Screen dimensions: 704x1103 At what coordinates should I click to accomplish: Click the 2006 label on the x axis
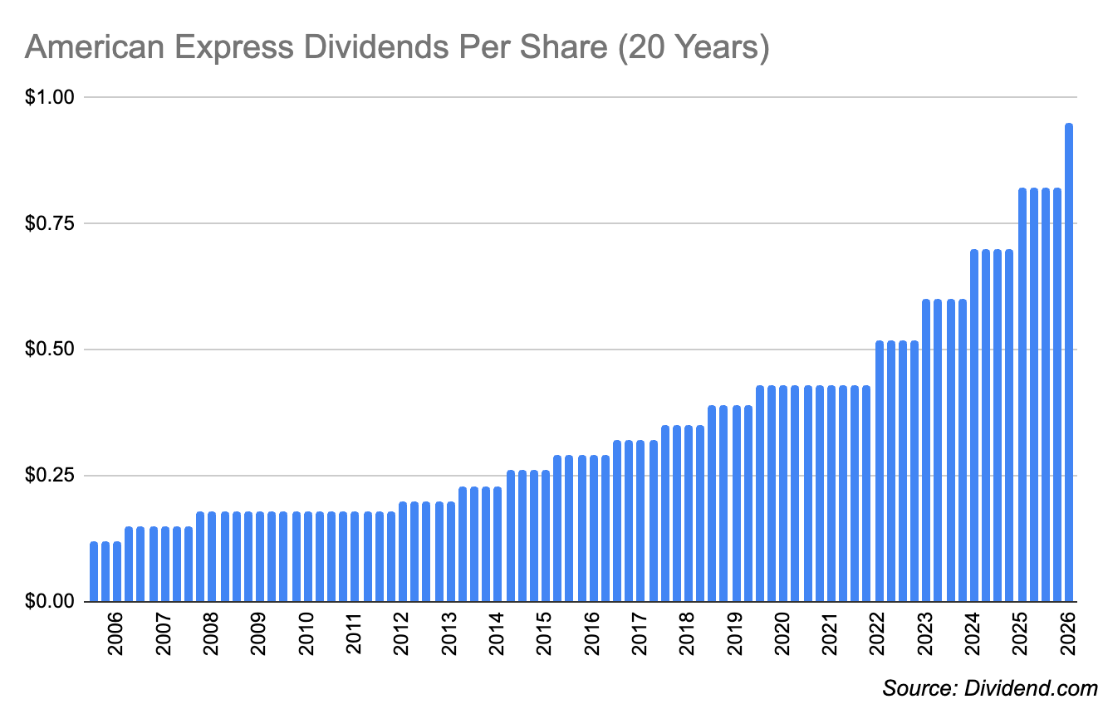click(x=115, y=633)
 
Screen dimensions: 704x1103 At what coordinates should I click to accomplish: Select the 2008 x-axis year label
click(x=211, y=633)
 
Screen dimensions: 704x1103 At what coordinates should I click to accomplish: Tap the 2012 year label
click(x=402, y=633)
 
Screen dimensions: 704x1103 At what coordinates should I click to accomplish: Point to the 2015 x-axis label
click(x=545, y=633)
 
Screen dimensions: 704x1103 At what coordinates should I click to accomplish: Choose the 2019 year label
click(x=735, y=633)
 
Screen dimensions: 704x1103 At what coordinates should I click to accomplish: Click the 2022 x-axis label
click(x=878, y=633)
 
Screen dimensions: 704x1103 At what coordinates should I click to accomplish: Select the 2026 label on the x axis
click(x=1069, y=633)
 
